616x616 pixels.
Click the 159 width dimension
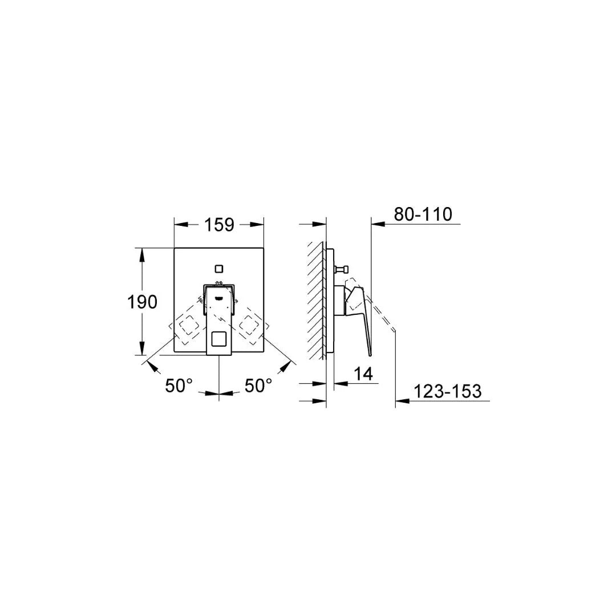219,225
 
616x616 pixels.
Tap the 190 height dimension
142,302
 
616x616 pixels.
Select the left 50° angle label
179,386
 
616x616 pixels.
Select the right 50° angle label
258,386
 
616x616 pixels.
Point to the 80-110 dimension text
423,214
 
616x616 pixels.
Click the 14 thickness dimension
363,374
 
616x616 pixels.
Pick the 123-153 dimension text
447,391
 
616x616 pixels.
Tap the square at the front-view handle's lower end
219,341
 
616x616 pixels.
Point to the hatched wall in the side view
316,301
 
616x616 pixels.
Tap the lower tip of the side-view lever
369,351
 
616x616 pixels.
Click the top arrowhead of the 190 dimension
142,252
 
